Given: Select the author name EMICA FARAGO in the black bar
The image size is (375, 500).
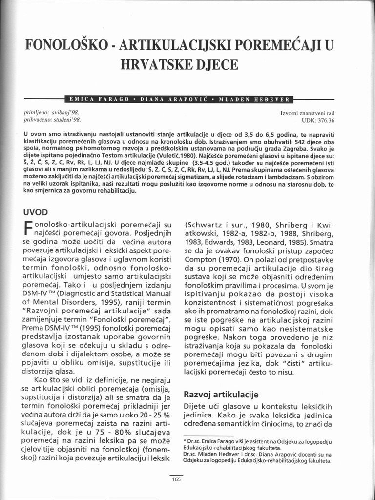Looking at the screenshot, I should (100, 99).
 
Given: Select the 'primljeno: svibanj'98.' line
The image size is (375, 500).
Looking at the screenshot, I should (52, 112).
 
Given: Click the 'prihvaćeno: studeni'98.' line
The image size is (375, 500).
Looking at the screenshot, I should (53, 119).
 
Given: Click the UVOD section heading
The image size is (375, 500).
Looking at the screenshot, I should (36, 212).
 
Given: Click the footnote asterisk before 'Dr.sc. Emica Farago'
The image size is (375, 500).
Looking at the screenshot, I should (185, 441).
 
